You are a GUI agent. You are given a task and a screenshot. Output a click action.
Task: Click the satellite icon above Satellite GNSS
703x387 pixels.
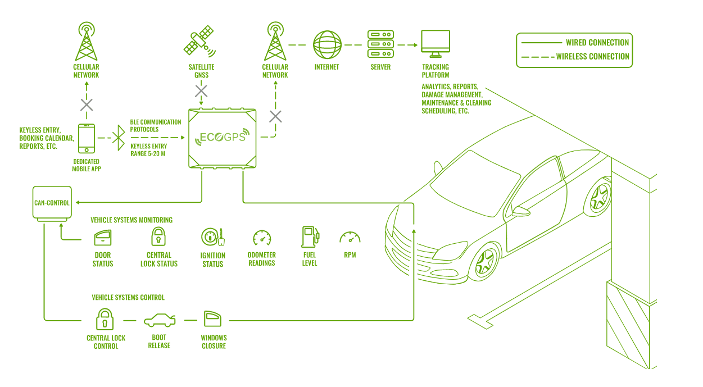pyautogui.click(x=199, y=42)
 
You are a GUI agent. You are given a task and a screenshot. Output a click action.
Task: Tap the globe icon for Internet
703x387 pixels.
pyautogui.click(x=327, y=44)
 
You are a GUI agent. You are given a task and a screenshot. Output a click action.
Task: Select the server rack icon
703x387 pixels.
pyautogui.click(x=380, y=44)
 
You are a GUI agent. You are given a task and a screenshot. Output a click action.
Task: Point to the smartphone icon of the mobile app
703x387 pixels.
pyautogui.click(x=86, y=138)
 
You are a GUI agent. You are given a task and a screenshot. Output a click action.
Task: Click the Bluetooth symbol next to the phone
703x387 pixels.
pyautogui.click(x=118, y=138)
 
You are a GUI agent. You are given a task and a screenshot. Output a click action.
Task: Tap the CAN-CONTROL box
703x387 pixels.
pyautogui.click(x=52, y=203)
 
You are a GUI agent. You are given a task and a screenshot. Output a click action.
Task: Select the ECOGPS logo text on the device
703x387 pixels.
pyautogui.click(x=223, y=137)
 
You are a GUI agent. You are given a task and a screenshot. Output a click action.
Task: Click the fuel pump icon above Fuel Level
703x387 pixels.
pyautogui.click(x=310, y=237)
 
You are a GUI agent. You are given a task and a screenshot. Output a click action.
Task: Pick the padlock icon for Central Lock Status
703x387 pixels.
pyautogui.click(x=159, y=236)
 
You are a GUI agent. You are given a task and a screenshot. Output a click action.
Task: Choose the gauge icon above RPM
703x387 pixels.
pyautogui.click(x=350, y=238)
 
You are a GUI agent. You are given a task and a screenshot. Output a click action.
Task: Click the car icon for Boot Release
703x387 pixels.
pyautogui.click(x=160, y=321)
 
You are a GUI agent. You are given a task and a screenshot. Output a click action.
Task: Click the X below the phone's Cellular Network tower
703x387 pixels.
pyautogui.click(x=87, y=104)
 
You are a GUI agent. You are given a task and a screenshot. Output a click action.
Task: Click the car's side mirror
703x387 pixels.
pyautogui.click(x=520, y=211)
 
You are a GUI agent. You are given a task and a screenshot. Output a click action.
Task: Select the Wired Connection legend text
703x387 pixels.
pyautogui.click(x=597, y=42)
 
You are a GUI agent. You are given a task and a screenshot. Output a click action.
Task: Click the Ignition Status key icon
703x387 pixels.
pyautogui.click(x=212, y=238)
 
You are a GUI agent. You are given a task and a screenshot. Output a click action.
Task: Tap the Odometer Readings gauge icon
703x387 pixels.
pyautogui.click(x=262, y=238)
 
